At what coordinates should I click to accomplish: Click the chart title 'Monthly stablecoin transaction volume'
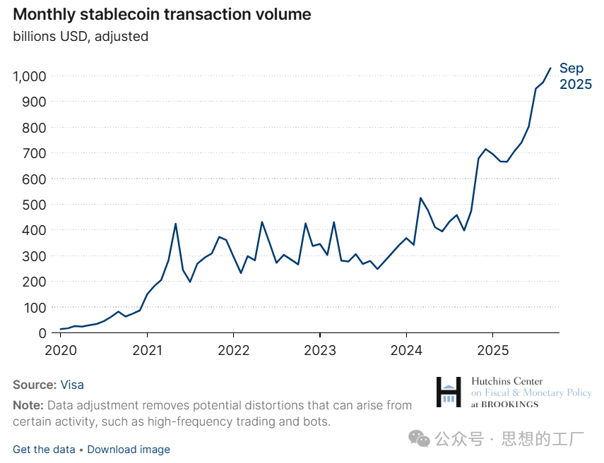(x=162, y=14)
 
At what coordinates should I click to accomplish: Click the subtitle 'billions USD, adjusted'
(x=81, y=36)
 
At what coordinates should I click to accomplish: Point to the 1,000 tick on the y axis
(x=29, y=76)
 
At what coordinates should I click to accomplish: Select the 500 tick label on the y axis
(x=34, y=205)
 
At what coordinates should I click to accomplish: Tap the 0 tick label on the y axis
(x=43, y=333)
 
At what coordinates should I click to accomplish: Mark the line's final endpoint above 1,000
(x=551, y=68)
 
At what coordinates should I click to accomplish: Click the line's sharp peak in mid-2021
(x=175, y=224)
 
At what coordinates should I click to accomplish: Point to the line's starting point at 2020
(x=61, y=329)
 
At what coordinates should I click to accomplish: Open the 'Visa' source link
(x=72, y=385)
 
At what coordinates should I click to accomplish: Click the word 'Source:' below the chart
(x=35, y=385)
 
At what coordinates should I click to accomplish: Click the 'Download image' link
(x=129, y=449)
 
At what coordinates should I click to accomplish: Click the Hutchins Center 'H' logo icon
(x=449, y=392)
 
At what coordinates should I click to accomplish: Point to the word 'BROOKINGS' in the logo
(x=509, y=404)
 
